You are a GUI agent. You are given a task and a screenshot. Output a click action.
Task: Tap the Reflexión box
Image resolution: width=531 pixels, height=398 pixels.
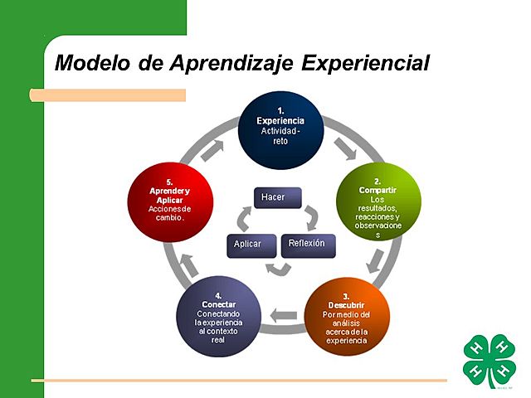tap(307, 245)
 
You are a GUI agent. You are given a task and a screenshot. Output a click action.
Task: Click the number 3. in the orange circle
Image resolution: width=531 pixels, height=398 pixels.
tap(345, 296)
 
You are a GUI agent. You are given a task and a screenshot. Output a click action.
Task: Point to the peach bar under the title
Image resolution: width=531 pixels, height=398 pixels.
tap(108, 95)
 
